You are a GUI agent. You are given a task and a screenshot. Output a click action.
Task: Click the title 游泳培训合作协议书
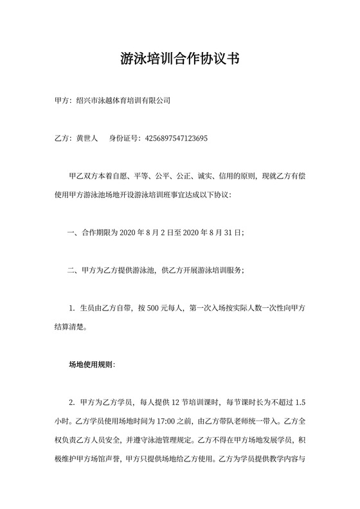point(180,59)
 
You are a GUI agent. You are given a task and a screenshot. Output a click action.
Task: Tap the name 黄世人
point(87,138)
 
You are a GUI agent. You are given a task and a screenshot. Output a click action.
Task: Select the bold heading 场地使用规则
point(91,364)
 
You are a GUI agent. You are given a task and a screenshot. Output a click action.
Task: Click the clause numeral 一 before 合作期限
point(71,232)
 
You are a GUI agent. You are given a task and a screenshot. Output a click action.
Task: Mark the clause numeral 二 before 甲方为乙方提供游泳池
point(71,270)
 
